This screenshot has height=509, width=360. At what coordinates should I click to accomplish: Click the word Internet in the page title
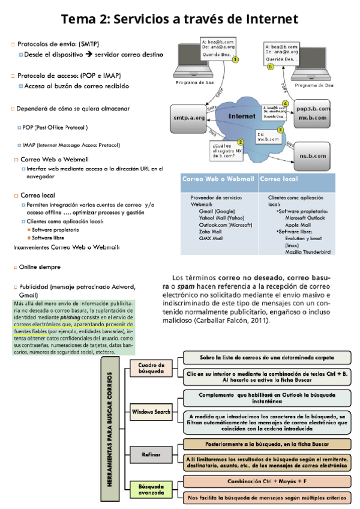[265, 19]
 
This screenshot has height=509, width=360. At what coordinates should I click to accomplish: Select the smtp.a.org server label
[188, 118]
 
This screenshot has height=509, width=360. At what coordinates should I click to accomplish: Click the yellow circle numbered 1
[236, 59]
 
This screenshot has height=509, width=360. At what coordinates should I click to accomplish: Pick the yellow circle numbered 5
[270, 67]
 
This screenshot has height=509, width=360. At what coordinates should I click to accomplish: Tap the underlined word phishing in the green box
[70, 318]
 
